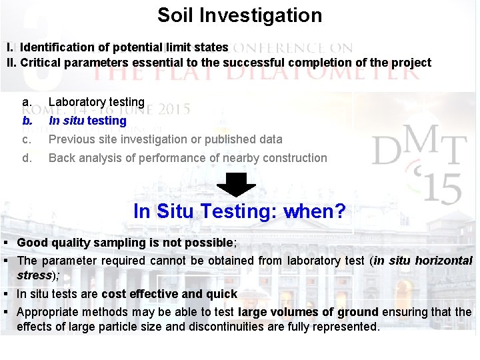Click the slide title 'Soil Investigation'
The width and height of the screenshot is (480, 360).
[239, 15]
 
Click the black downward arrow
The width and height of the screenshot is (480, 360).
[237, 185]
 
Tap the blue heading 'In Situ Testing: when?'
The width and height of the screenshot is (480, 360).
[239, 212]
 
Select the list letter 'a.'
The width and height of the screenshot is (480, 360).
[27, 102]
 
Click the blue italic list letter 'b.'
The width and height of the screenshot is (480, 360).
[27, 121]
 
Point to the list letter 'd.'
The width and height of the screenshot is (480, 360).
[27, 158]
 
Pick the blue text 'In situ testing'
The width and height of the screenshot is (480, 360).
[87, 121]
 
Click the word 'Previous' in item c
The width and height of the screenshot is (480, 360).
[72, 139]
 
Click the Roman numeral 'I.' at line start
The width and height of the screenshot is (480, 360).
[10, 47]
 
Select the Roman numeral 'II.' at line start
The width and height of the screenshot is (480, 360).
[11, 63]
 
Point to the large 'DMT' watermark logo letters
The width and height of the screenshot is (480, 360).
[417, 147]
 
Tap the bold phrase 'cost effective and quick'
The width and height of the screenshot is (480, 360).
[169, 294]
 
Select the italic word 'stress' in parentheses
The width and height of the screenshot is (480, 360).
[35, 275]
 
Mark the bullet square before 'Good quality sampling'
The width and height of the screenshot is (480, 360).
[5, 243]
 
